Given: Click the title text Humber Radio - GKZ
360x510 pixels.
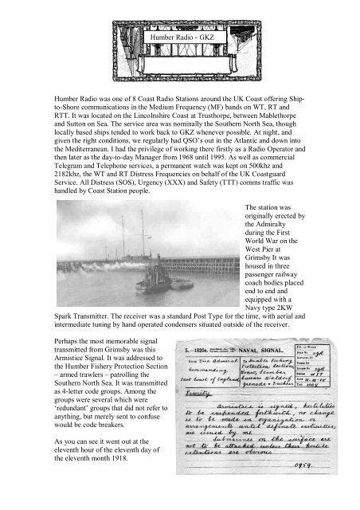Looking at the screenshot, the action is coord(179,37).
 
